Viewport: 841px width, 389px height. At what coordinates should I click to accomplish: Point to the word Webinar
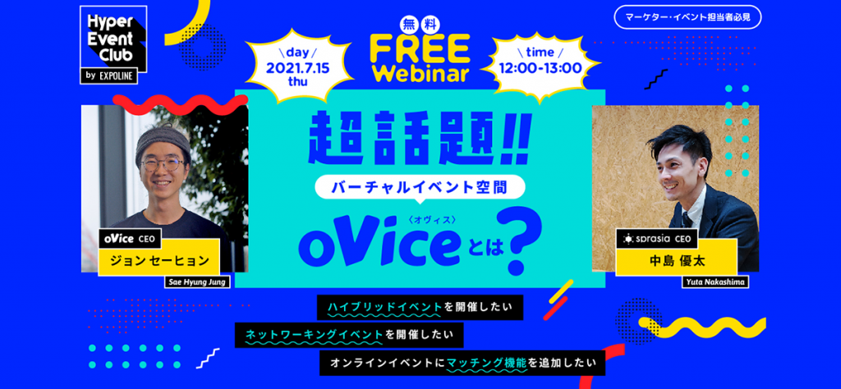pyautogui.click(x=420, y=73)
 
